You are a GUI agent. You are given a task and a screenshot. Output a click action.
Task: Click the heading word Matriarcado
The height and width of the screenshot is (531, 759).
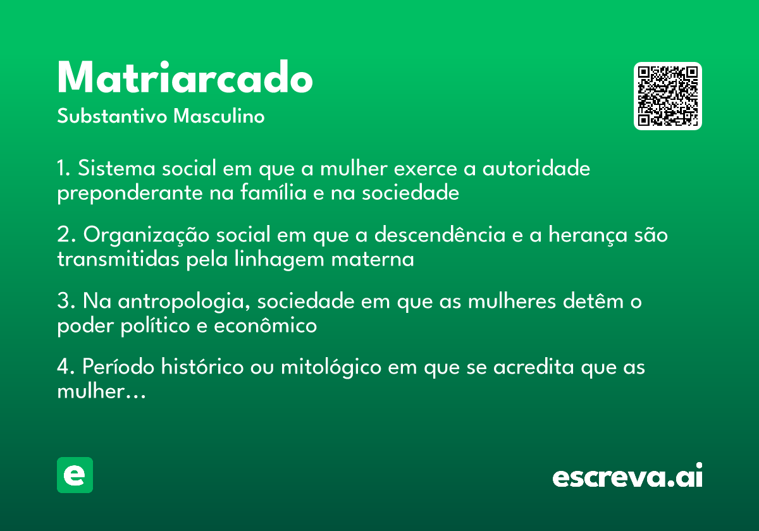185,77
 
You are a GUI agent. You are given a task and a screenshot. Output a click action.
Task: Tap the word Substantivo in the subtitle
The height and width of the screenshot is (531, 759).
112,116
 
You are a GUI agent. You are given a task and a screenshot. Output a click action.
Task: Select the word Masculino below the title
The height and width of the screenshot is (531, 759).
219,116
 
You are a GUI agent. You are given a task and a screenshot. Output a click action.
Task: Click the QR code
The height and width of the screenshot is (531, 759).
667,96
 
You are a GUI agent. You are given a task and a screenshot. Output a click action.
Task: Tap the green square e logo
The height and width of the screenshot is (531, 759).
75,475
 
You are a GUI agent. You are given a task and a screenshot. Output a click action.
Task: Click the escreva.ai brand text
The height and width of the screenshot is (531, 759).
627,475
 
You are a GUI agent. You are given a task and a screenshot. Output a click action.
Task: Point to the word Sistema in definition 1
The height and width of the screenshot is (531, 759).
116,168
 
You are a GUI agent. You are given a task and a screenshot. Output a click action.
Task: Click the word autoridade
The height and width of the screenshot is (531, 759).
536,168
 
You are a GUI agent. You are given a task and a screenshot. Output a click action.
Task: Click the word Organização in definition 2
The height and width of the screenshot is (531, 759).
146,235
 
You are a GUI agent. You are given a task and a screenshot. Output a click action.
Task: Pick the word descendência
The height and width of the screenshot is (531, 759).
440,235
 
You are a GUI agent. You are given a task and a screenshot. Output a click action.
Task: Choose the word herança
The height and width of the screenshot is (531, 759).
588,235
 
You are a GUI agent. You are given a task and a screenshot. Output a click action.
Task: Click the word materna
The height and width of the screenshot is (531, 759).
373,260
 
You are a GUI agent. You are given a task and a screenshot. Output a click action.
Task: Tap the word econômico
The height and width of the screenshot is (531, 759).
265,326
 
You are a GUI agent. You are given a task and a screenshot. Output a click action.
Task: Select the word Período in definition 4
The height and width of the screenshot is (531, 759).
118,367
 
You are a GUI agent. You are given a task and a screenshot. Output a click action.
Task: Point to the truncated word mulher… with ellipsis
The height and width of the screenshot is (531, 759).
101,391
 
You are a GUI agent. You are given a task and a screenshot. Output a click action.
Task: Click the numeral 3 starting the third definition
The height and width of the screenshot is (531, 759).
63,301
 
